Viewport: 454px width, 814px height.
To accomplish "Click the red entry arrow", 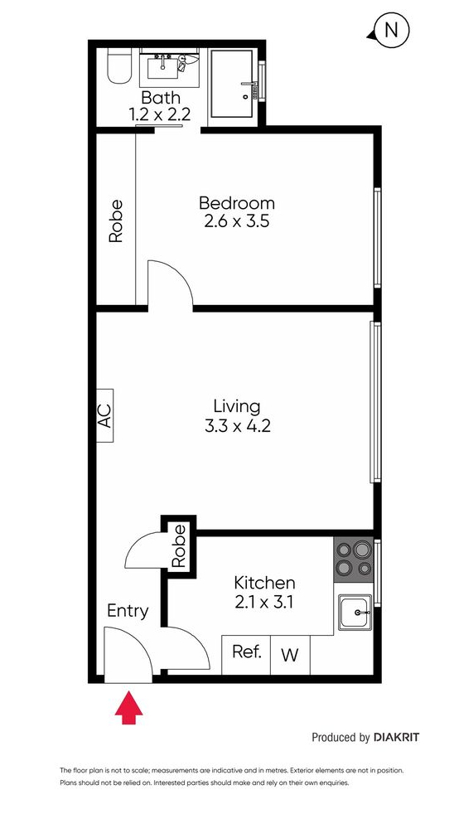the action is click(128, 706).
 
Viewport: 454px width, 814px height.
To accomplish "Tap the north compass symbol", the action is click(389, 31).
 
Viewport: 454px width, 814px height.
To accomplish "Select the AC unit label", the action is click(104, 415).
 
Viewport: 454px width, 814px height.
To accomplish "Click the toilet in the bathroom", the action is click(119, 66).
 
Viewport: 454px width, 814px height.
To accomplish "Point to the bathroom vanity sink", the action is click(162, 67).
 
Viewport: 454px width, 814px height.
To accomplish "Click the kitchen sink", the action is click(355, 613).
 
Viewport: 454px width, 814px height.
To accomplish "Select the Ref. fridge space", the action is click(246, 654).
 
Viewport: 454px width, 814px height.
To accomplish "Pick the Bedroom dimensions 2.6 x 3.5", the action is click(237, 221).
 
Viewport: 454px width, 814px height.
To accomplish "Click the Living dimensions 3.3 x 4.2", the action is click(238, 426).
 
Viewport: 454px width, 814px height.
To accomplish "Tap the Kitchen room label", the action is click(264, 583).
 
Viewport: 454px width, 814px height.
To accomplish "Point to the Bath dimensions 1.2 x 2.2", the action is click(159, 114).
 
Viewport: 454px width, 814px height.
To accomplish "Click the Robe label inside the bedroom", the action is click(116, 220).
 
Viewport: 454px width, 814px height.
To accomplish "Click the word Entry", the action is click(128, 611).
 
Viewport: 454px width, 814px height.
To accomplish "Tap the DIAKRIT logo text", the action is click(396, 737).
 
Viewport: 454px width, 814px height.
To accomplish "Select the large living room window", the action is click(375, 402).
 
